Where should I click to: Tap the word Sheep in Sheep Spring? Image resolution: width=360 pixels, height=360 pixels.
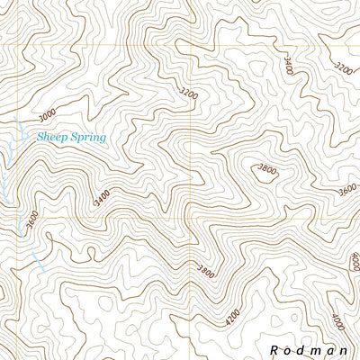point(53,138)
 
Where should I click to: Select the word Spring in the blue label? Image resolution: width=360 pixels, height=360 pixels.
point(88,139)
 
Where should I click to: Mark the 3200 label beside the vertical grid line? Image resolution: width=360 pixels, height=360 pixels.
point(187,93)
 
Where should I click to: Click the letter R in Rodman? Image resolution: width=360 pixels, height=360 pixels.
point(274,348)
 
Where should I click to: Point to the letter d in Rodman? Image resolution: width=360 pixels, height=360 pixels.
point(304,348)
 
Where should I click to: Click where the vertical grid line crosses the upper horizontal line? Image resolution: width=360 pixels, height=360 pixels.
point(192,45)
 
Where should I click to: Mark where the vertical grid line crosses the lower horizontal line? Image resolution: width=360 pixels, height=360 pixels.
point(192,217)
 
